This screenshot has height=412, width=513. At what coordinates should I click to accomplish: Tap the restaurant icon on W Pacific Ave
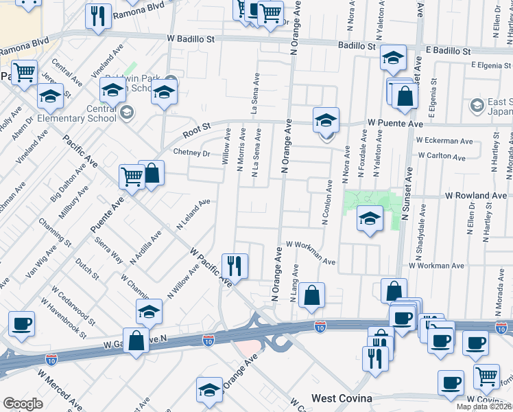pyautogui.click(x=235, y=264)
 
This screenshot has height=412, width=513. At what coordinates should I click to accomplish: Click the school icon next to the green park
pyautogui.click(x=370, y=219)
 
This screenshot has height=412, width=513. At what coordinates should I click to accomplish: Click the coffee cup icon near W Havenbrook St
pyautogui.click(x=21, y=323)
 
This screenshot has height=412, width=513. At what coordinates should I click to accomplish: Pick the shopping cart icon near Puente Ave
pyautogui.click(x=132, y=176)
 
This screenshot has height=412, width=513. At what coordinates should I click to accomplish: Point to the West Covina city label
pyautogui.click(x=342, y=398)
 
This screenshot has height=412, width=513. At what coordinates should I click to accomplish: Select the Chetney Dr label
pyautogui.click(x=191, y=152)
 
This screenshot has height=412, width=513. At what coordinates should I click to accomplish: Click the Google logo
pyautogui.click(x=23, y=404)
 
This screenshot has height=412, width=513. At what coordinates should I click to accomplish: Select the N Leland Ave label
pyautogui.click(x=193, y=215)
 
